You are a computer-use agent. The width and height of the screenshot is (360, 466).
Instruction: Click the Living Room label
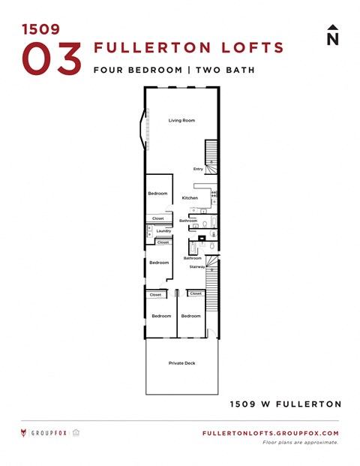point(181,120)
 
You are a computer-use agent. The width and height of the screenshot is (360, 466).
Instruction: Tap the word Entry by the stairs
point(198,169)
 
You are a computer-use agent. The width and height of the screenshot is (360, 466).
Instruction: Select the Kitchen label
point(190,197)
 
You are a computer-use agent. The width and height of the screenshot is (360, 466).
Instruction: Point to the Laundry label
point(163,231)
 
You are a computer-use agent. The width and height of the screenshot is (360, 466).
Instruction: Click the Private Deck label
point(181,363)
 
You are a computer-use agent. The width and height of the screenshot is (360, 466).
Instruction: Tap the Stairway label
point(197,266)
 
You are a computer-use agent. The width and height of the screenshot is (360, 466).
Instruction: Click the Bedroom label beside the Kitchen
point(157,194)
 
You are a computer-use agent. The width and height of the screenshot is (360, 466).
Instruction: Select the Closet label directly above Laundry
point(157,218)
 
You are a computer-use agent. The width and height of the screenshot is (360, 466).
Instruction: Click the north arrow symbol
point(332,35)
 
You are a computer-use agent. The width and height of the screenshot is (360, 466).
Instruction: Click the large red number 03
point(51,59)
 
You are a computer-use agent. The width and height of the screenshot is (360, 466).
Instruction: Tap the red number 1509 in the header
point(41,29)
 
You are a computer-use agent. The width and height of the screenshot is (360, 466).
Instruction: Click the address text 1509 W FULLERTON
point(285,404)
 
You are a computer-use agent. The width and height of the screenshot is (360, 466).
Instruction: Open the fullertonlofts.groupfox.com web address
point(271,434)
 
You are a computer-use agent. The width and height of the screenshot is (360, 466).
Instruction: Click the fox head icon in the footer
point(25,433)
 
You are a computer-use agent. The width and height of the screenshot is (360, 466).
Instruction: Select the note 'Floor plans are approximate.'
point(301,443)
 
